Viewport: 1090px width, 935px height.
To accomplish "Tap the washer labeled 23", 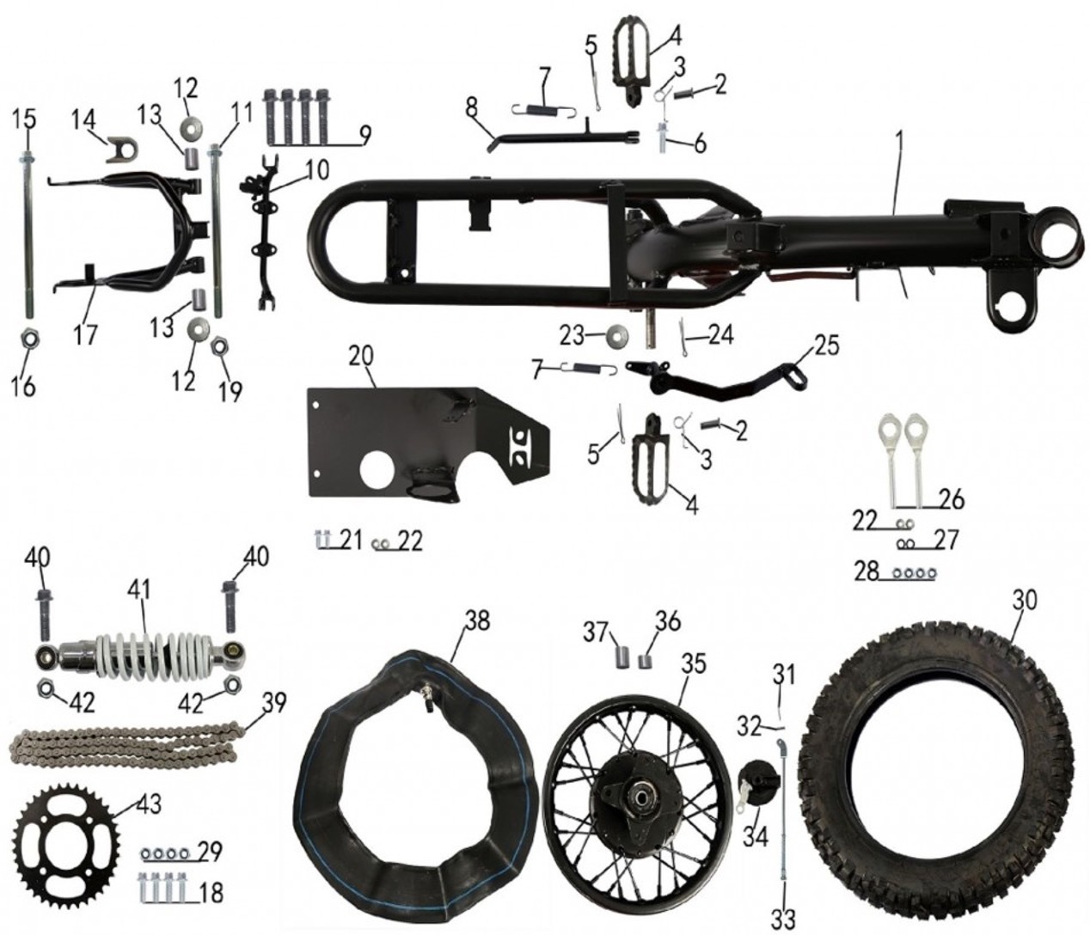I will click(615, 333).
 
